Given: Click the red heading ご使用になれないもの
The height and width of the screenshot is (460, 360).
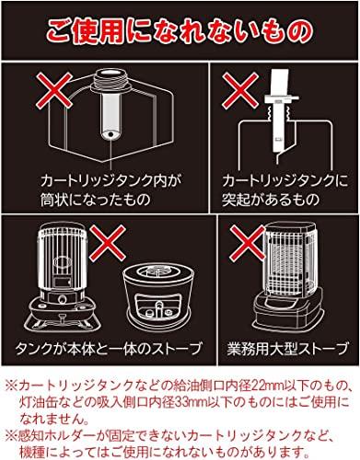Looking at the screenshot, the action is click(x=180, y=30).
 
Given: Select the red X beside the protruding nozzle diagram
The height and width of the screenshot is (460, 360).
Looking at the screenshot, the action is click(x=239, y=89).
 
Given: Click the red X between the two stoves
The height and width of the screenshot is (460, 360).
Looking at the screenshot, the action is click(x=108, y=242).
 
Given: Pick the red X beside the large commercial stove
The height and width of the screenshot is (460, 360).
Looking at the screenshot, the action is click(x=248, y=243).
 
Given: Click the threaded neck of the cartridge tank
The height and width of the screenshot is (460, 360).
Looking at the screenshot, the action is click(x=110, y=81).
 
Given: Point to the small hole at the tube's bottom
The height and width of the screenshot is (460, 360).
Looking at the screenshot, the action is click(x=110, y=134).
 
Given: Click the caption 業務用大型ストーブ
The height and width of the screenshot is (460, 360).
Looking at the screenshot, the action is click(x=287, y=349).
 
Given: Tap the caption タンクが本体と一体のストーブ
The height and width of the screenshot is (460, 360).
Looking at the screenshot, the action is click(x=109, y=349).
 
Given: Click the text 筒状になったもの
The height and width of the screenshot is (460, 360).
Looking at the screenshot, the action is click(x=96, y=199).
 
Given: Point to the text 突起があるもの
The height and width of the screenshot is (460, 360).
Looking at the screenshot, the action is click(x=271, y=199).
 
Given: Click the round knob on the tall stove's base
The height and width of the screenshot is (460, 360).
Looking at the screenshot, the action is click(x=63, y=300).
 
